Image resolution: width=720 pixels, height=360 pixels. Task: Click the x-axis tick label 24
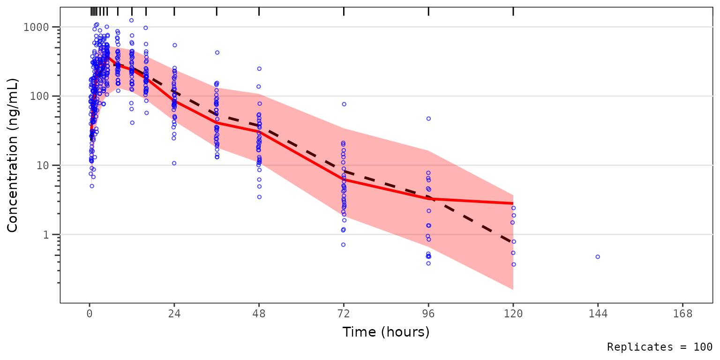click(x=174, y=315)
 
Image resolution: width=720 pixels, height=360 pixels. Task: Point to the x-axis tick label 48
click(x=259, y=315)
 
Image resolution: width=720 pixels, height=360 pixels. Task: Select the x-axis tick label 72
click(x=344, y=315)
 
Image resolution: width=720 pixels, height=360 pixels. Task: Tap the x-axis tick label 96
click(x=428, y=315)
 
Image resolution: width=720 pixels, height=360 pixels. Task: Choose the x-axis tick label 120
click(x=513, y=315)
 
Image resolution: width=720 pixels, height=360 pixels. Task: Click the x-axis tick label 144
click(x=598, y=315)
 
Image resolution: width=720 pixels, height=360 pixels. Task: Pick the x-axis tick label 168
click(x=682, y=315)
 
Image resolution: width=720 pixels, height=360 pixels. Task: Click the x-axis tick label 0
click(x=89, y=315)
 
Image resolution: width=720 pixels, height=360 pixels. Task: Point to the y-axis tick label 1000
click(x=36, y=27)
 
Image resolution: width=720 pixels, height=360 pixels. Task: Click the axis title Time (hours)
click(x=386, y=332)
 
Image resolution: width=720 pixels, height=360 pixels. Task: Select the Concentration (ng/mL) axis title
click(x=13, y=155)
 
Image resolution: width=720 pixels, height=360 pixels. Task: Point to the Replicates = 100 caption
click(x=660, y=347)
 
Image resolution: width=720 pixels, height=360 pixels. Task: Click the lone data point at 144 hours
click(x=598, y=257)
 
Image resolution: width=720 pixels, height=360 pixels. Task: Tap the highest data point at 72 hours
click(x=344, y=104)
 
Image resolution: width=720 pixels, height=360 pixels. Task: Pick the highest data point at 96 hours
click(x=428, y=119)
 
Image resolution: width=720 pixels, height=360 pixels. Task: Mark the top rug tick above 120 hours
click(x=513, y=12)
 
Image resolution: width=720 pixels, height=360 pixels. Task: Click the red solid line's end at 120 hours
click(x=513, y=203)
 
